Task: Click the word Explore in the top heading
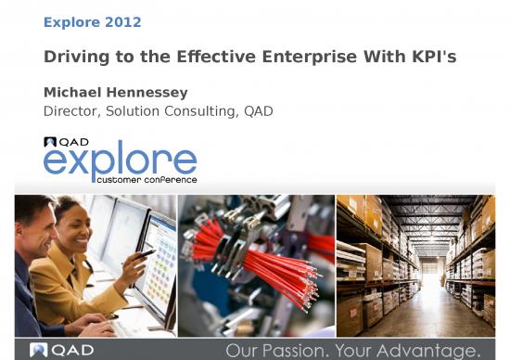(x=71, y=21)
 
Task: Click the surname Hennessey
(x=147, y=93)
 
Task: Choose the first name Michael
(x=73, y=93)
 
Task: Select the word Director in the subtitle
(x=69, y=111)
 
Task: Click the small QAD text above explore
(x=73, y=142)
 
